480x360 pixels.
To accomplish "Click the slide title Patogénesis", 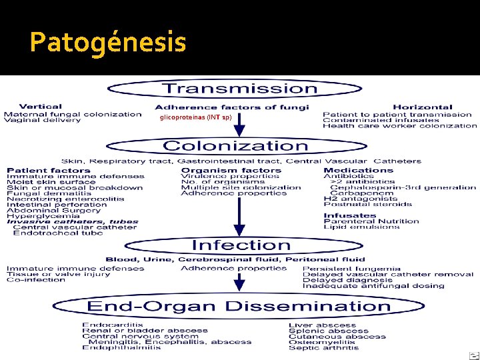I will pos(107,43).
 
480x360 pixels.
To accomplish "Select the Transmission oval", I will pos(240,89).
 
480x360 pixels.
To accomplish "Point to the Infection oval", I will pos(241,245).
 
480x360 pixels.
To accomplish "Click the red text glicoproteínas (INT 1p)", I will pos(195,117).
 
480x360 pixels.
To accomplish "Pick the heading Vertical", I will pos(41,106).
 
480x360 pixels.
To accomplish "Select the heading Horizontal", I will pos(422,107).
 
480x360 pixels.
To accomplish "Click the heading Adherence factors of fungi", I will pos(231,107).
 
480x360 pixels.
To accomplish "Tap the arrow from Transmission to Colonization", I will pos(240,123).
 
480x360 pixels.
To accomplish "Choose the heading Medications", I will pos(349,170).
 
